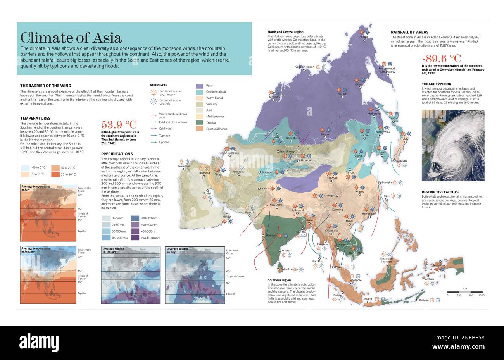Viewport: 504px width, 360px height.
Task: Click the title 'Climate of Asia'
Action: tap(71, 38)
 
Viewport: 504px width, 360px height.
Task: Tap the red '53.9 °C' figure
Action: tap(119, 124)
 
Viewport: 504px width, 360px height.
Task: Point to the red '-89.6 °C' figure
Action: tap(441, 59)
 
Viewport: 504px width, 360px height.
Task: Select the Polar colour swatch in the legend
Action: tap(199, 86)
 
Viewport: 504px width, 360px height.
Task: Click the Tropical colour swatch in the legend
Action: tap(199, 122)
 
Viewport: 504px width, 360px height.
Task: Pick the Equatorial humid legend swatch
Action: tap(199, 129)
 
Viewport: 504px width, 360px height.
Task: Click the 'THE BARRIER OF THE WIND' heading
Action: tap(45, 86)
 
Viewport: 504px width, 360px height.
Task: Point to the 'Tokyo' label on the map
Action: tap(405, 139)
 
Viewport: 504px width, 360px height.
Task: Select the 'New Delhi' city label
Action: tap(276, 205)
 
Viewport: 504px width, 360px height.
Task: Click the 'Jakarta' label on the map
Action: tap(368, 299)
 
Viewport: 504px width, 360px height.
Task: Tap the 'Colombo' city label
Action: tap(286, 269)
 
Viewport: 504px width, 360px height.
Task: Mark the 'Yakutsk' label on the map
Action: tap(342, 94)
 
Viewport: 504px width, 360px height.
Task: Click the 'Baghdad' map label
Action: tap(204, 173)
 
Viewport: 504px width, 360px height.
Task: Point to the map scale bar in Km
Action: tap(464, 291)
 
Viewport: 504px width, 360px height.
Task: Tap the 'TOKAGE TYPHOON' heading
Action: tap(436, 84)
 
